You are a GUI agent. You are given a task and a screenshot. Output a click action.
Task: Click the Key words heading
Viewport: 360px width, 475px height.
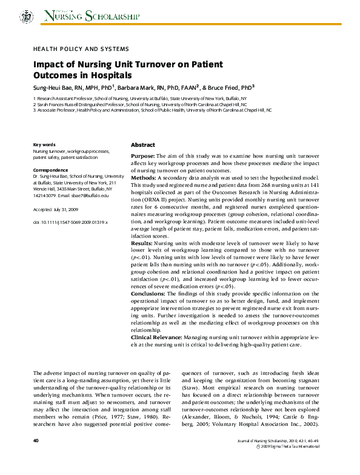pos(44,145)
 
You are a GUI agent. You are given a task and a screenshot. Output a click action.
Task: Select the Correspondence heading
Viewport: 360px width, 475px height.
pos(50,169)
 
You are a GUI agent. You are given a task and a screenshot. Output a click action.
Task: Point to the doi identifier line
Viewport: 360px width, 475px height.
pos(70,223)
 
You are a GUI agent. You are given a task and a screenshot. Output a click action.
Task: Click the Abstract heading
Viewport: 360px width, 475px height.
pos(143,146)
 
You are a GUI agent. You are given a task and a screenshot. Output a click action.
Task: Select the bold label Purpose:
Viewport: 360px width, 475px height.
pos(143,156)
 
